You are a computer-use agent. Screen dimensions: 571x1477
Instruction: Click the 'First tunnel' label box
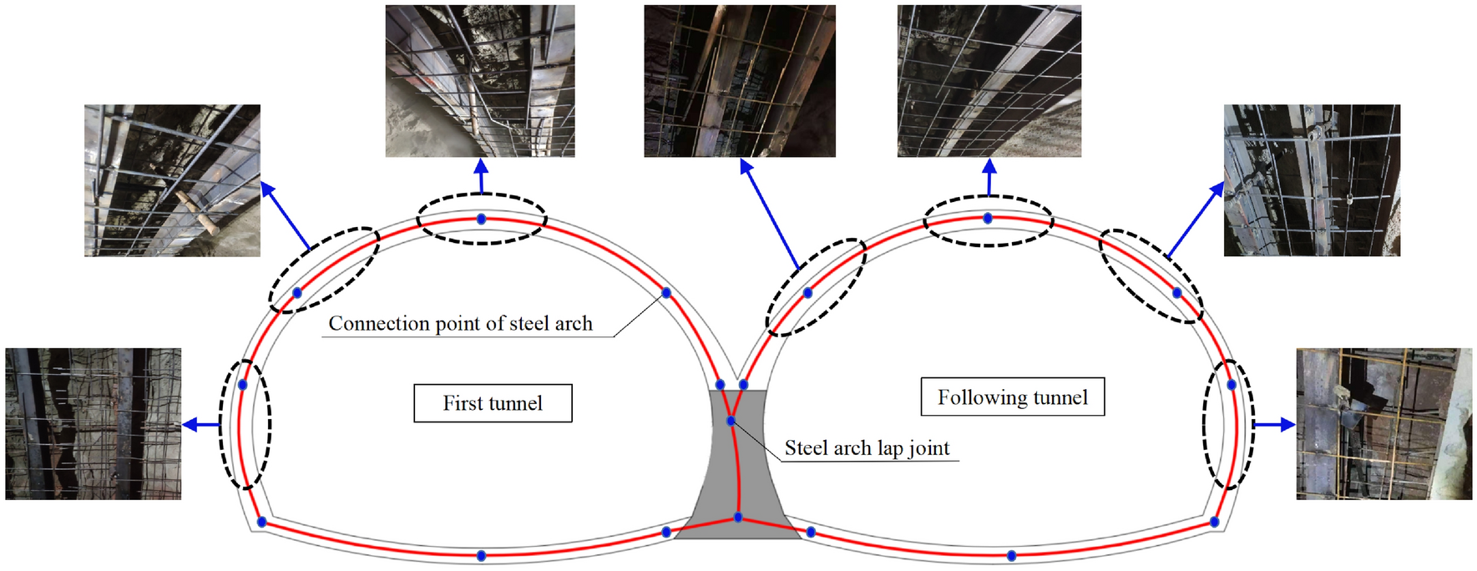[493, 403]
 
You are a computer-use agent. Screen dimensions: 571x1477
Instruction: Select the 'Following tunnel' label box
[1012, 397]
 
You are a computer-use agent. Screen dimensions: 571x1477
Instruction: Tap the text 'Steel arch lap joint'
[867, 448]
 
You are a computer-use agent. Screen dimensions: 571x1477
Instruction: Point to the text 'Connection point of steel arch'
[460, 324]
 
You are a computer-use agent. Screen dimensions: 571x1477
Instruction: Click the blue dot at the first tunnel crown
[481, 219]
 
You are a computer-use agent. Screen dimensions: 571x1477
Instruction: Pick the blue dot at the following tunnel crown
[988, 219]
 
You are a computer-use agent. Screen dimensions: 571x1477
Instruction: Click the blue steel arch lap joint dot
[731, 421]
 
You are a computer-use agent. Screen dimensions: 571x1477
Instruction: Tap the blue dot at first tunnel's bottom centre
[481, 555]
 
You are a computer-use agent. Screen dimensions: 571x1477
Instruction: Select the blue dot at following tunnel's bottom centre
[1011, 555]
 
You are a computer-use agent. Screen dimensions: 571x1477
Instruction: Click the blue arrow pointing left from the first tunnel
[200, 425]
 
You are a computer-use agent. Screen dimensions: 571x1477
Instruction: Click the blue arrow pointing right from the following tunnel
[1274, 425]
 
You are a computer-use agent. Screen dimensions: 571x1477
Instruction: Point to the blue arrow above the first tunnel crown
[481, 175]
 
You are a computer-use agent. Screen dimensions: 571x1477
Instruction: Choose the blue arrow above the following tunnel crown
[989, 177]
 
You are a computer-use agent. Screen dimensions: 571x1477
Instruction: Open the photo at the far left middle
[93, 424]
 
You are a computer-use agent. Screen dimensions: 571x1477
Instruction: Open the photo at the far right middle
[1383, 424]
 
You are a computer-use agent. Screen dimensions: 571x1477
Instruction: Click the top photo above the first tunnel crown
[480, 81]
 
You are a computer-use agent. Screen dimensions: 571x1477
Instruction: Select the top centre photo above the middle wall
[740, 81]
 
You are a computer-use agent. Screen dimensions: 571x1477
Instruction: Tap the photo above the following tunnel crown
[989, 81]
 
